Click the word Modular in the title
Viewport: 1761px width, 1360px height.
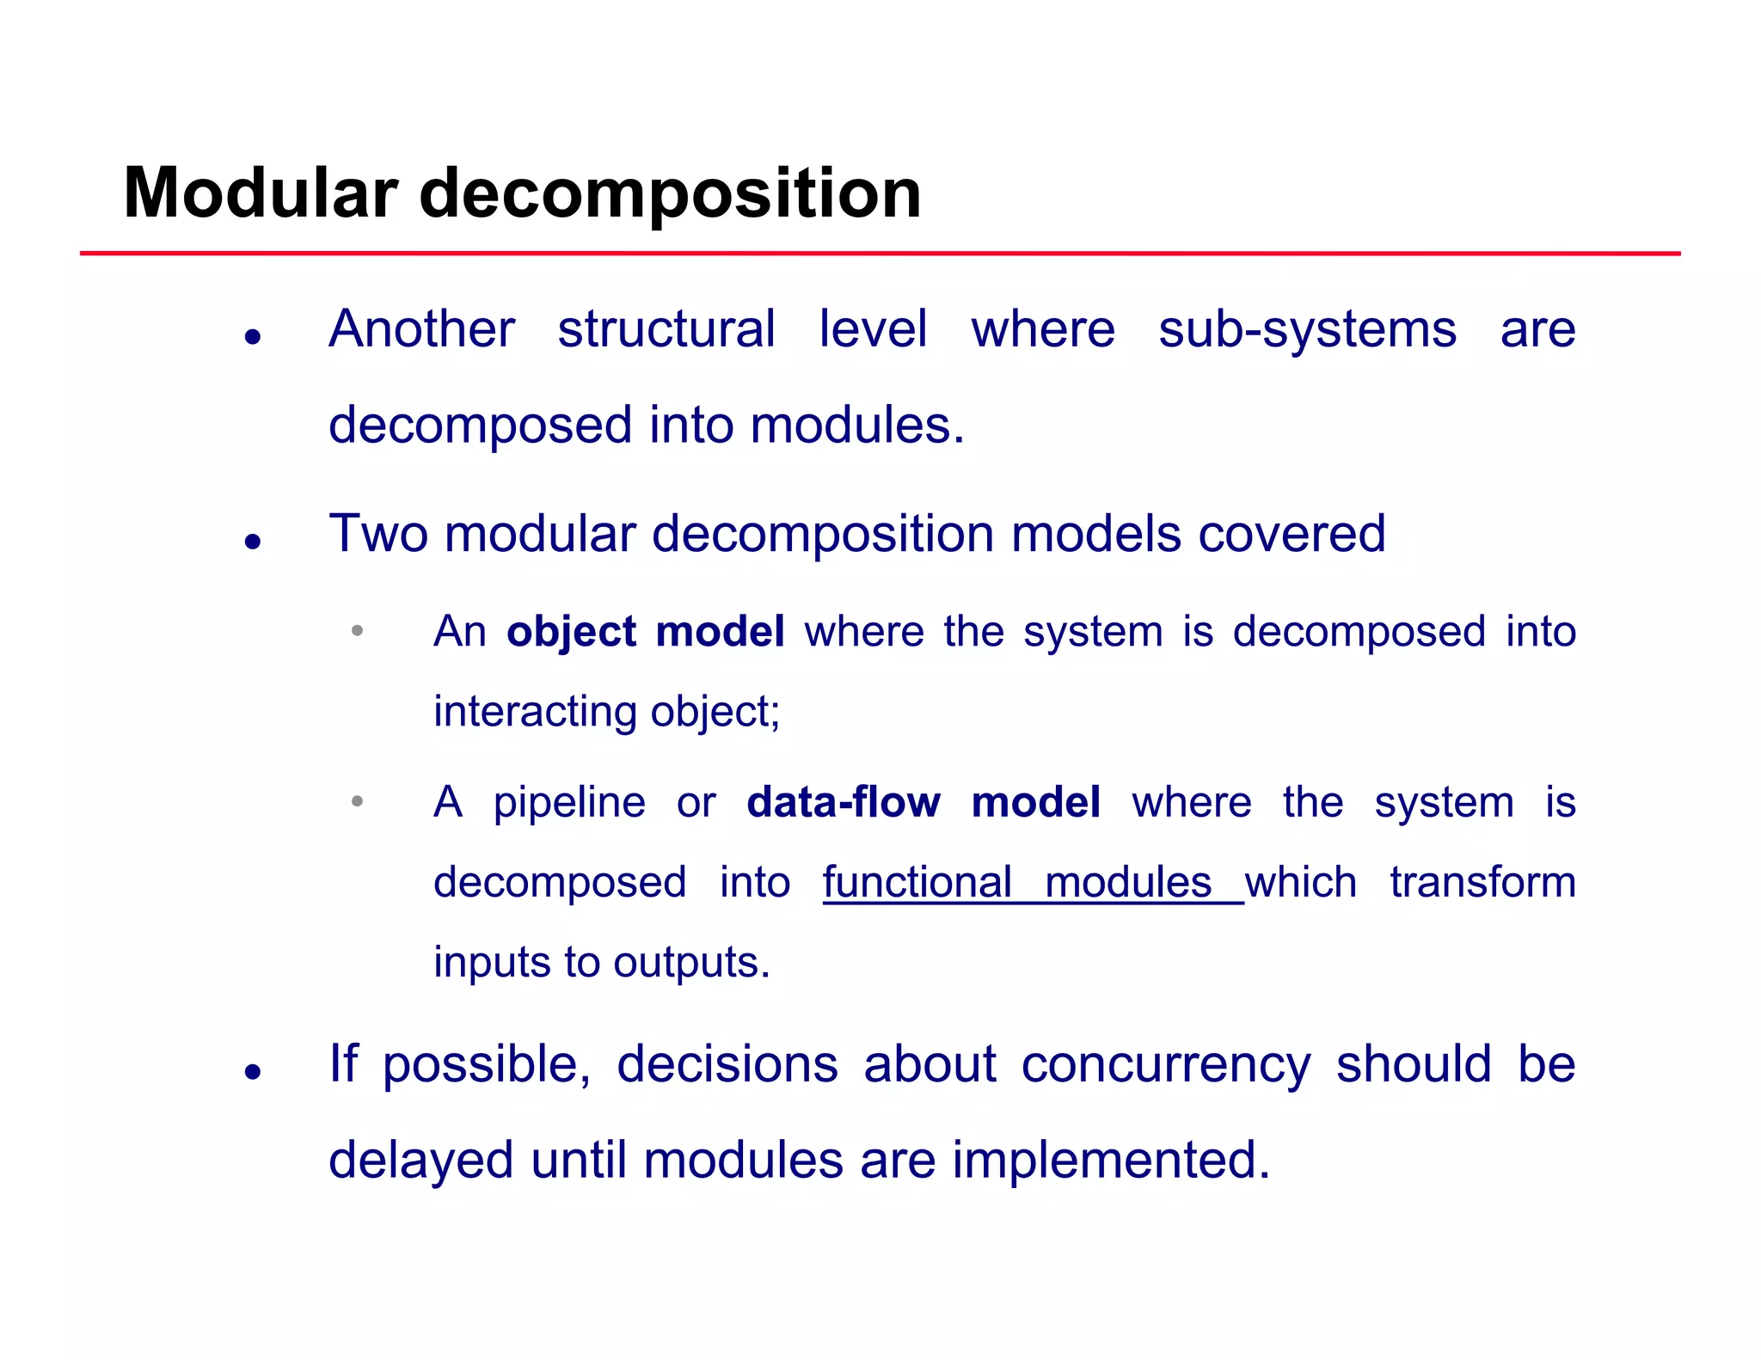click(260, 193)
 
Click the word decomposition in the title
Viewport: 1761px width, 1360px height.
click(670, 194)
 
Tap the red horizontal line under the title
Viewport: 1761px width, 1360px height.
click(880, 254)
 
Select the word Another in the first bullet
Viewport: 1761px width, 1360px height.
click(421, 328)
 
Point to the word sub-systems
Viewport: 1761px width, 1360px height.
click(1307, 329)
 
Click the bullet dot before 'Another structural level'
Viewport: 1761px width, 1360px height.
click(252, 336)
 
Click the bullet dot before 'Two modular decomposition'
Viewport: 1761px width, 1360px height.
click(252, 541)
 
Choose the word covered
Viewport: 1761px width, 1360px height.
click(1292, 533)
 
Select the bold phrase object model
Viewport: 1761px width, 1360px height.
click(645, 631)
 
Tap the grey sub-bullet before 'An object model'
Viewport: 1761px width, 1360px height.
click(358, 630)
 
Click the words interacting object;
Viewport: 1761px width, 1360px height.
click(606, 712)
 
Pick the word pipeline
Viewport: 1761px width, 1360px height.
click(569, 803)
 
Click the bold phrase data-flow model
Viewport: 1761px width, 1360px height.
click(923, 802)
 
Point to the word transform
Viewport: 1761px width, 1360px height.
click(1482, 882)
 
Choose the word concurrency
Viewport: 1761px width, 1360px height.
click(1166, 1064)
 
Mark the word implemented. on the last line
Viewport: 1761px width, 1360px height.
click(1110, 1160)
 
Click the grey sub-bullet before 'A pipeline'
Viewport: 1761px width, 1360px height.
click(358, 801)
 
